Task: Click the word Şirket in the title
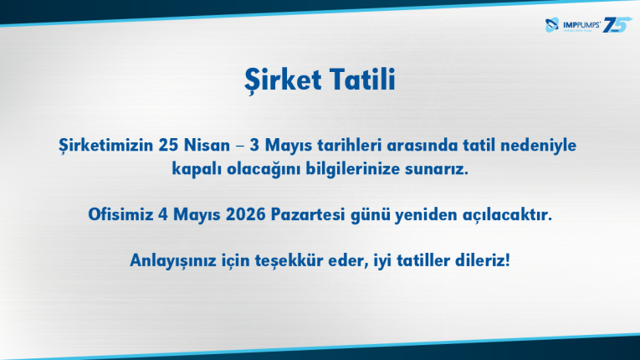pyautogui.click(x=283, y=80)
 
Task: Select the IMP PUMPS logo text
pyautogui.click(x=581, y=25)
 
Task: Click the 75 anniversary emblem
pyautogui.click(x=617, y=24)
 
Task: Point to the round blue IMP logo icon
pyautogui.click(x=552, y=25)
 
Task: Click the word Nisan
pyautogui.click(x=207, y=145)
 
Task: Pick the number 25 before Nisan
pyautogui.click(x=168, y=145)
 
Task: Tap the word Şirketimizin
pyautogui.click(x=105, y=146)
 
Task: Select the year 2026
pyautogui.click(x=246, y=214)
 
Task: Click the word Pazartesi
pyautogui.click(x=308, y=214)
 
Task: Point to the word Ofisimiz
pyautogui.click(x=120, y=214)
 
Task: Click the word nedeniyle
pyautogui.click(x=539, y=146)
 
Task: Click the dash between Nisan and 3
pyautogui.click(x=240, y=147)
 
